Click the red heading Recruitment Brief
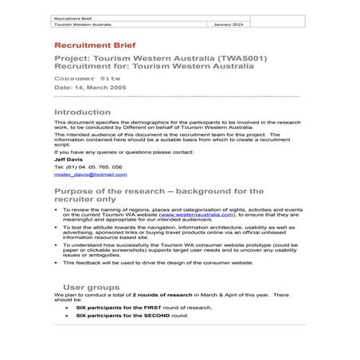coord(90,47)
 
